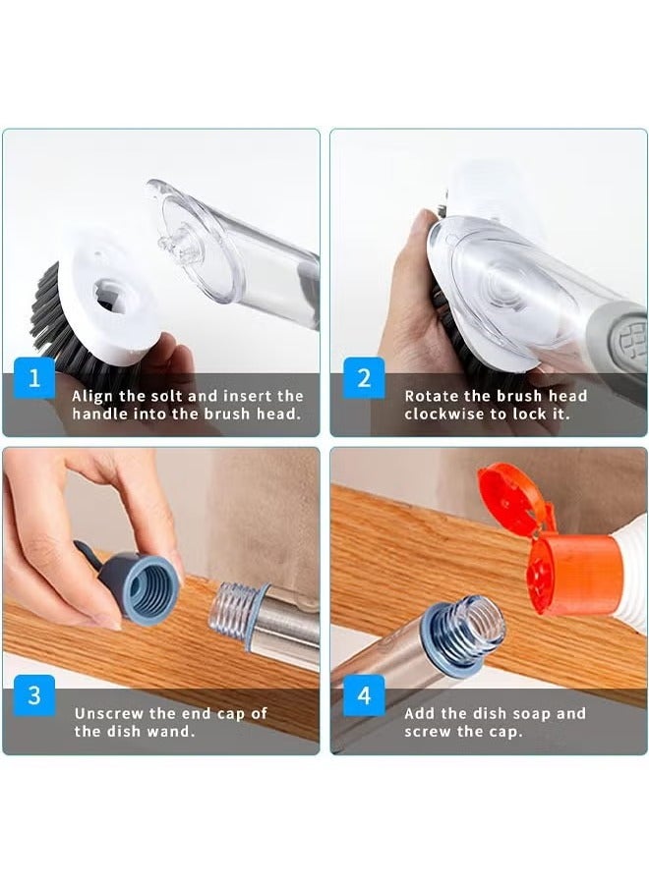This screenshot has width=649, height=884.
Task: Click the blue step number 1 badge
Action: pyautogui.click(x=34, y=379)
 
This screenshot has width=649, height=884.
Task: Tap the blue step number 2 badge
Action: pyautogui.click(x=363, y=379)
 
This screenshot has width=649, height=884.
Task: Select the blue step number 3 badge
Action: pyautogui.click(x=34, y=695)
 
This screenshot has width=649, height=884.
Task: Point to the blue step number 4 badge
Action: pyautogui.click(x=363, y=695)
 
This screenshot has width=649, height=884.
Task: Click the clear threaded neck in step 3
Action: pyautogui.click(x=237, y=608)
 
